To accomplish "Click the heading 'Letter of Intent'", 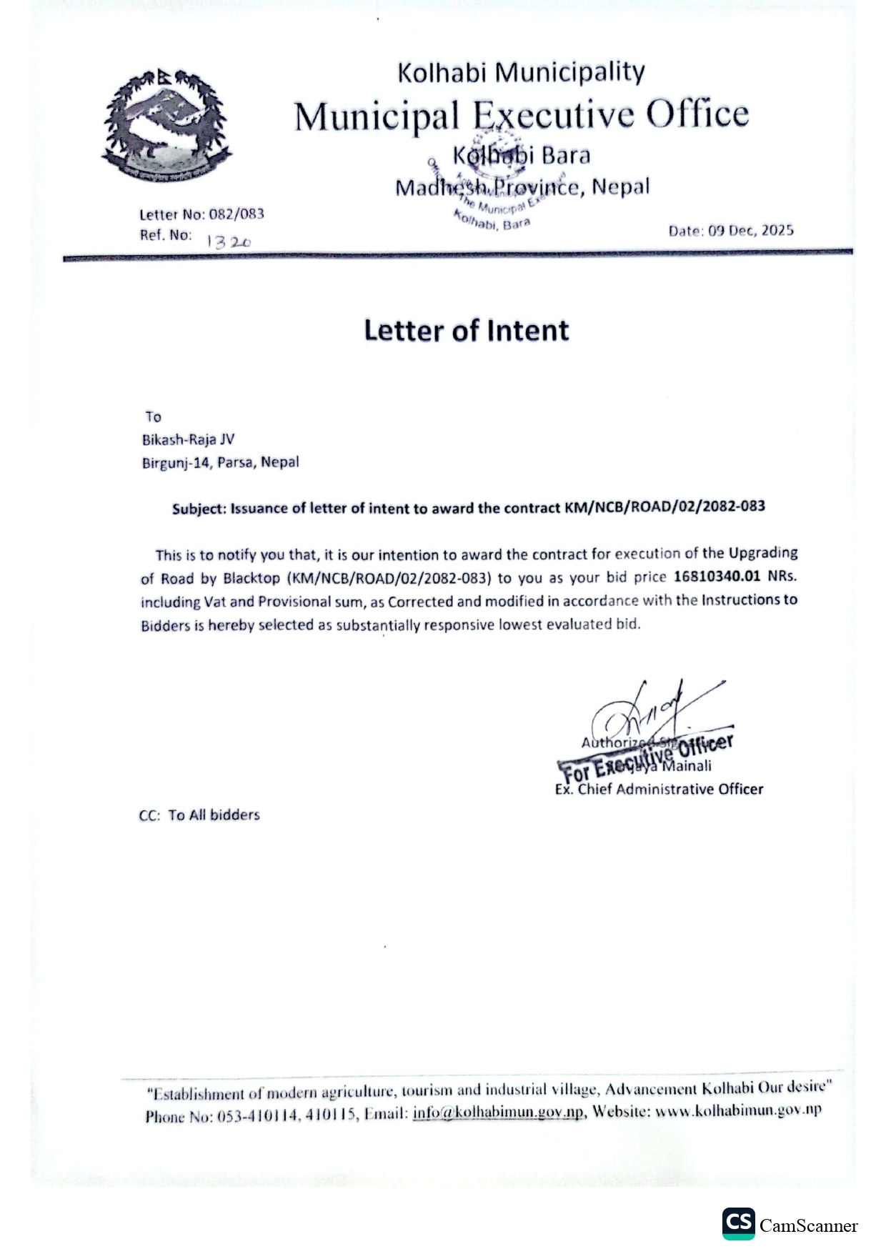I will tap(467, 331).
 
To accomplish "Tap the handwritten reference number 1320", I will tap(229, 242).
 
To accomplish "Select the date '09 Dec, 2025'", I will tap(750, 230).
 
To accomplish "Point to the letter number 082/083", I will tap(237, 214).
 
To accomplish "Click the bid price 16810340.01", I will tap(717, 576).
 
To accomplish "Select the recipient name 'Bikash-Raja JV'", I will tap(188, 439).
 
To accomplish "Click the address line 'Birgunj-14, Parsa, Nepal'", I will tap(220, 462).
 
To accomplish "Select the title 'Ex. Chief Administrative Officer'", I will tap(659, 789).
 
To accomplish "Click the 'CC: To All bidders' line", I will tap(199, 815).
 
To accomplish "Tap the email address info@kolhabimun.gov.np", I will tap(498, 1113).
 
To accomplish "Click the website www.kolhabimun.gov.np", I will tap(738, 1110).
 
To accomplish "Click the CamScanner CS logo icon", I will tap(737, 1223).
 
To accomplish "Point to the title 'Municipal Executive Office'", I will tap(522, 114).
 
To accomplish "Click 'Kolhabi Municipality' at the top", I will tap(521, 72).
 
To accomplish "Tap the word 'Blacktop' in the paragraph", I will tap(251, 577).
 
